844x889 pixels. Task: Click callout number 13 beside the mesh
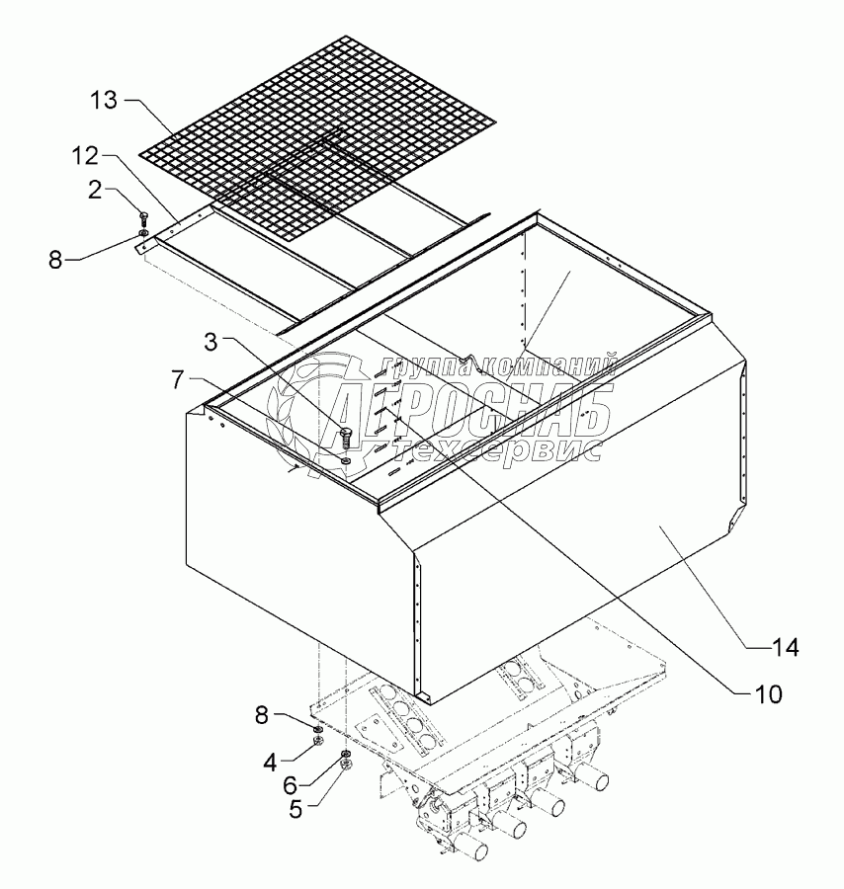tap(103, 101)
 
